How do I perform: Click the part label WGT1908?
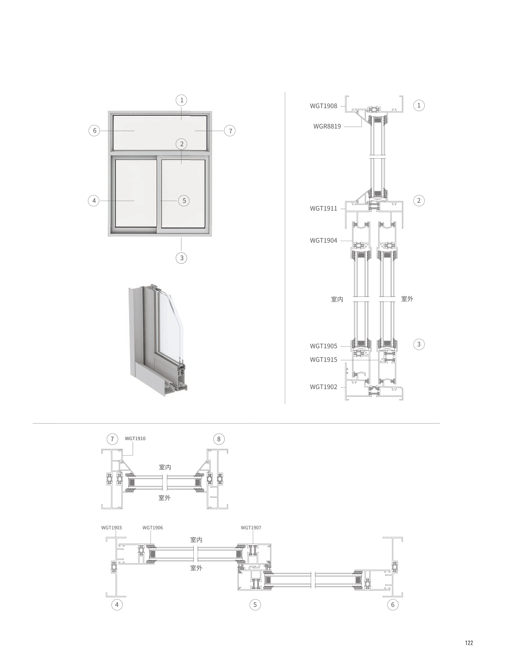coord(323,106)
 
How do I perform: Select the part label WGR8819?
coord(327,127)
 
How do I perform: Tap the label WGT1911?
coord(323,208)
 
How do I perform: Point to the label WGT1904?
coord(323,241)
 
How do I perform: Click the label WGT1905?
coord(323,346)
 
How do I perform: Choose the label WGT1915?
coord(323,360)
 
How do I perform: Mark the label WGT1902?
coord(323,387)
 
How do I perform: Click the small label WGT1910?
coord(135,439)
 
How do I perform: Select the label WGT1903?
coord(111,528)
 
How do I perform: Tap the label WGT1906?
coord(152,528)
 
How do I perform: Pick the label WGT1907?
coord(251,528)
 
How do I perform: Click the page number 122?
coord(469,643)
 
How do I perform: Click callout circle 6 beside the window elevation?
coord(95,131)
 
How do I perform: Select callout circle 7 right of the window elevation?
coord(230,131)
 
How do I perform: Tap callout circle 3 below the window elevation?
coord(181,258)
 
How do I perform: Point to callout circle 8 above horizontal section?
coord(219,439)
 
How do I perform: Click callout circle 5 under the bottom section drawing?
coord(255,605)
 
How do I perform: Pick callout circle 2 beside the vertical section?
coord(419,201)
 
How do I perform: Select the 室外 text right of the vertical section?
coord(407,299)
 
